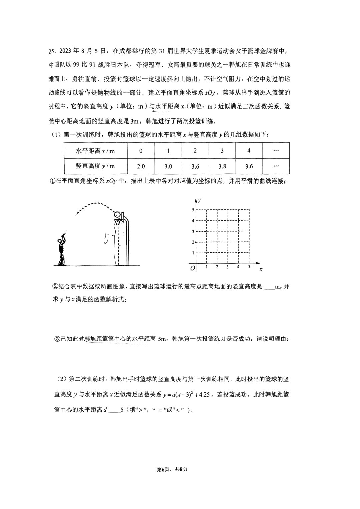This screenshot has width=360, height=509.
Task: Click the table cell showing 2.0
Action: coord(141,166)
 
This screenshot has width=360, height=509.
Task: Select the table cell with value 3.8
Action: coord(222,166)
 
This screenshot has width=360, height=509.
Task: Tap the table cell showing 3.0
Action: coord(168,166)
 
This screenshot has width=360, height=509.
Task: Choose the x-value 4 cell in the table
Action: coord(249,151)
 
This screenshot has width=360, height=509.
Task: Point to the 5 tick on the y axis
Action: coord(193,210)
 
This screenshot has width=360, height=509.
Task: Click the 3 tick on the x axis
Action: coord(227,267)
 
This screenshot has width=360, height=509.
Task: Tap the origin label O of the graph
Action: coord(192,268)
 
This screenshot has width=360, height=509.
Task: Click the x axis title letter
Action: coord(261,269)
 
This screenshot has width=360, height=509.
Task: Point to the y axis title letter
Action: coord(199,201)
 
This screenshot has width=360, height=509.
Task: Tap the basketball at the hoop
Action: coord(117,214)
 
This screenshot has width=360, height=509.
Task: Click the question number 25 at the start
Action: coord(52,51)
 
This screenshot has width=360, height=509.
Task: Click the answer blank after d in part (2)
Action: coord(114,410)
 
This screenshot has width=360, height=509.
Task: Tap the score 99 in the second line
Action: coord(76,65)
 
